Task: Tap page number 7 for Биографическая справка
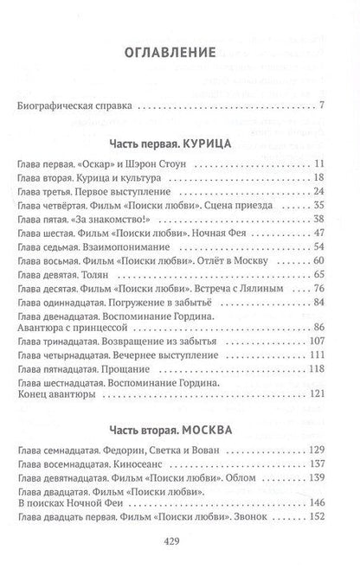pos(321,106)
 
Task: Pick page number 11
pos(318,163)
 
